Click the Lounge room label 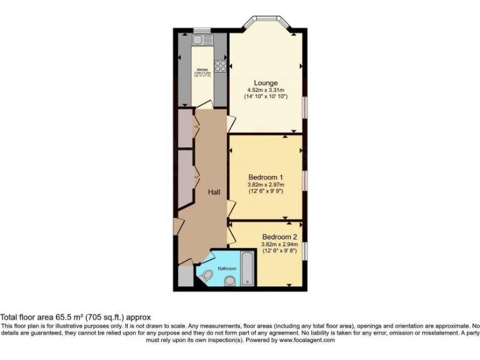(x=266, y=82)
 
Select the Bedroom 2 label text (x=279, y=237)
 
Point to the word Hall (x=214, y=193)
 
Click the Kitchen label (x=202, y=69)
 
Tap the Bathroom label (x=227, y=268)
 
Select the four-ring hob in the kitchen (x=221, y=64)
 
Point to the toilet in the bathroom (x=207, y=274)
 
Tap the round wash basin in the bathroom (x=230, y=281)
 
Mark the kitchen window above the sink (x=202, y=30)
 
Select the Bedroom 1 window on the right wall (x=306, y=180)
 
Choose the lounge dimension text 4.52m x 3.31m (x=266, y=90)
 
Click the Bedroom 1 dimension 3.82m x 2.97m (x=266, y=184)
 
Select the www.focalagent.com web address (x=307, y=340)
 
